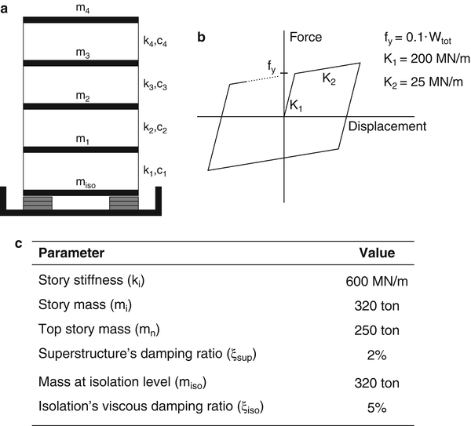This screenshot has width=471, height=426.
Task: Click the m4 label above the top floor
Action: (80, 8)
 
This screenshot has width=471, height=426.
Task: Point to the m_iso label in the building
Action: (80, 182)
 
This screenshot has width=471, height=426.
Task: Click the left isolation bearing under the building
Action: (38, 202)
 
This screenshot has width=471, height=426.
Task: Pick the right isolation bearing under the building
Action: (123, 202)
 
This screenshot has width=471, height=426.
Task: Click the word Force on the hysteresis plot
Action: (305, 37)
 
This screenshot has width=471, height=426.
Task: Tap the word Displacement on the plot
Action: (387, 126)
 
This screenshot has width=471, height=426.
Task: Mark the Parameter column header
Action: (71, 253)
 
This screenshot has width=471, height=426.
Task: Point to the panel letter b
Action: (202, 36)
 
